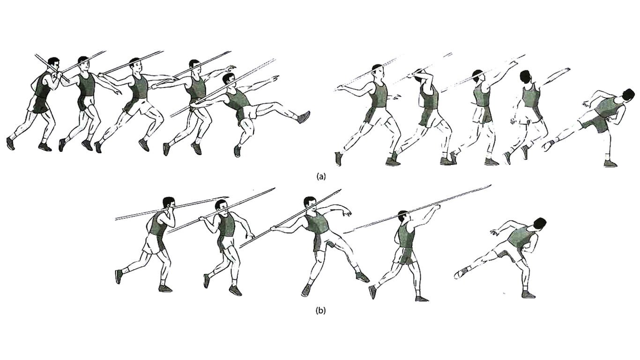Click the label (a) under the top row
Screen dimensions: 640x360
(x=320, y=176)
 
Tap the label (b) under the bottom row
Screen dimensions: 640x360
(x=320, y=310)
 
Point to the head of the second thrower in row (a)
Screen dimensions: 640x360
(x=83, y=63)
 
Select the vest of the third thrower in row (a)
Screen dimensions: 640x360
(x=139, y=87)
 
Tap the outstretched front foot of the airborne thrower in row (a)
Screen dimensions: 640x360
(x=304, y=117)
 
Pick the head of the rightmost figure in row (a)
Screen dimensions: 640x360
(x=629, y=95)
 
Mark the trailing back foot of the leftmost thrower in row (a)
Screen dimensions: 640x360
(x=10, y=143)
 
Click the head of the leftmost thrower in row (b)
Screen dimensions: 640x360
(x=169, y=203)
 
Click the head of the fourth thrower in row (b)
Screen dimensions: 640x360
(x=403, y=218)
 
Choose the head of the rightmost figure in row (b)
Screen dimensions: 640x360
(x=539, y=224)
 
